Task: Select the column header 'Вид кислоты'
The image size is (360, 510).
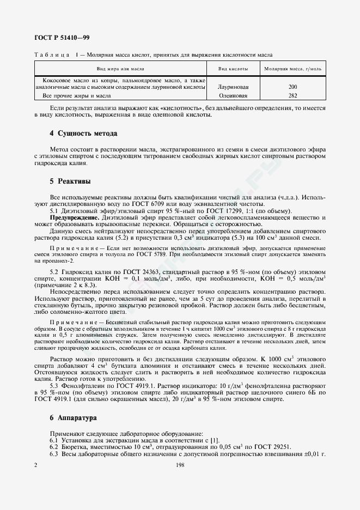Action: (233, 69)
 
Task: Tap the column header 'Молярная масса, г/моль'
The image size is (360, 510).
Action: (293, 69)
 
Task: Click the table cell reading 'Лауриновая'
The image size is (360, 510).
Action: (233, 87)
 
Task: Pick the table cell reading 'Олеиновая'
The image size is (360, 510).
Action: (233, 95)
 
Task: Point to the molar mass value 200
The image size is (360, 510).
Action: (293, 87)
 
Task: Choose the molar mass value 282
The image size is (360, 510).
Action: (293, 95)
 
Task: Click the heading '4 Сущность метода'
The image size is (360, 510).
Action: (83, 133)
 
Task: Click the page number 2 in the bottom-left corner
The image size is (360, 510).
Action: (36, 465)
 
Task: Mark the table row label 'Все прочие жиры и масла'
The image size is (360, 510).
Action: (73, 95)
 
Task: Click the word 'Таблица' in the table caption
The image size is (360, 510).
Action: (52, 55)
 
